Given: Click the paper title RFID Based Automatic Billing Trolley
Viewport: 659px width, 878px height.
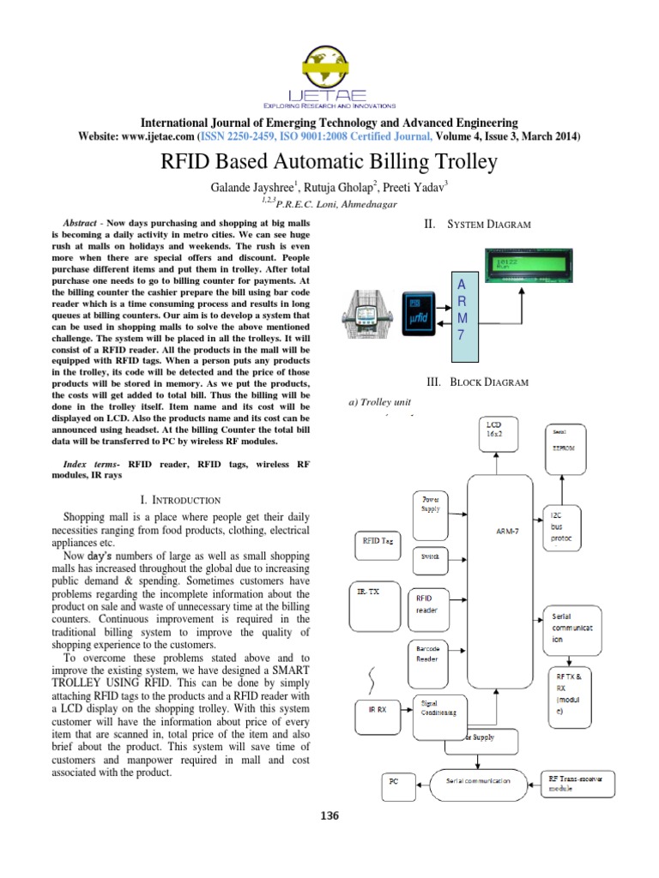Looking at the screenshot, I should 329,162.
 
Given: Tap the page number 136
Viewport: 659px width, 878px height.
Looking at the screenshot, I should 329,815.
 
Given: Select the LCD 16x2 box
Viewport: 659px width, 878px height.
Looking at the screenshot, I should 500,439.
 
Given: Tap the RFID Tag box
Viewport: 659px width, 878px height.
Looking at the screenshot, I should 380,541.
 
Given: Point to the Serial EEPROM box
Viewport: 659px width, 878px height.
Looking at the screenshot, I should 562,441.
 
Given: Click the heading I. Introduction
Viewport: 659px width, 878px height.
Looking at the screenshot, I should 179,500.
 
